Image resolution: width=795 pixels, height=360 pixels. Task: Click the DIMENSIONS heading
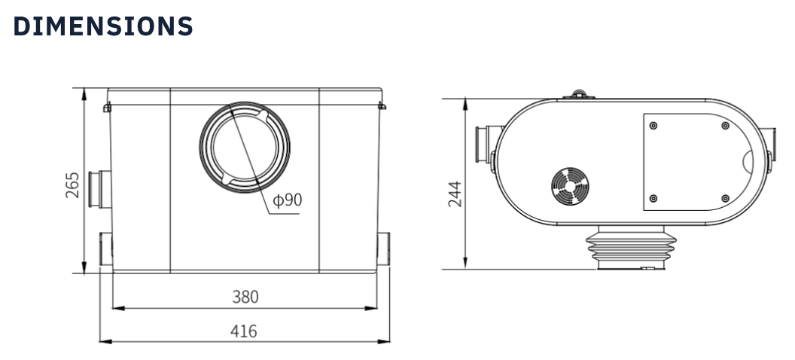(x=104, y=26)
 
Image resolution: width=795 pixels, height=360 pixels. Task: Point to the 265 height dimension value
(x=72, y=185)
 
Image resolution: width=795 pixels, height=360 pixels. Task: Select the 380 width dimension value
(x=244, y=297)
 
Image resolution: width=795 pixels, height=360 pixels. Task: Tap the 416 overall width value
(x=244, y=331)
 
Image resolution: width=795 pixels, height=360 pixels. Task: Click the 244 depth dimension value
(x=454, y=193)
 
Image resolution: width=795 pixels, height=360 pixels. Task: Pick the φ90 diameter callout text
(x=287, y=200)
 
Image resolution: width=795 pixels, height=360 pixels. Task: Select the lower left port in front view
(x=105, y=248)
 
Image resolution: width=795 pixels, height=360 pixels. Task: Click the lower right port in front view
(x=384, y=248)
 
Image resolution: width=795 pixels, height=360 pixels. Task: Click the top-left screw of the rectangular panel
(x=653, y=124)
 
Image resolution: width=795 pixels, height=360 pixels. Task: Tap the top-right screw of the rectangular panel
(x=725, y=125)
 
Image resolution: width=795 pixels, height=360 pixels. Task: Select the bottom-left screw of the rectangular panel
(x=653, y=198)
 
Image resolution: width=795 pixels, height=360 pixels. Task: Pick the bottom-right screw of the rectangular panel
(x=725, y=198)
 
